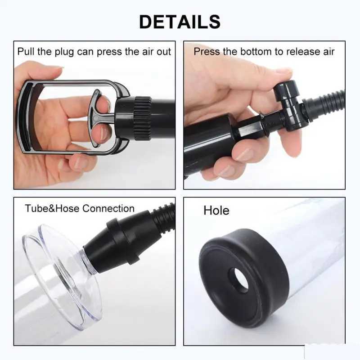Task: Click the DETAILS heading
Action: [180, 21]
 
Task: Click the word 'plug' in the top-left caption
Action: [62, 52]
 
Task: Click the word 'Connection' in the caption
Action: [108, 208]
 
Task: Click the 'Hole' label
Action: [216, 210]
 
